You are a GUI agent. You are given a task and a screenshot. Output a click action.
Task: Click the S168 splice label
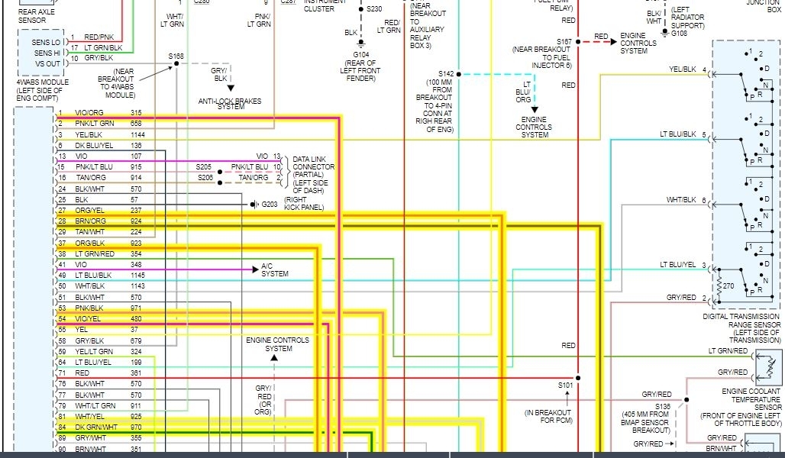point(176,56)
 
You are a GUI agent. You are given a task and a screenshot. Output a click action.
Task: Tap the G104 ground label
point(361,55)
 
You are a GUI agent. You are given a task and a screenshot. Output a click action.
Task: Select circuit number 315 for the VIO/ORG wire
point(136,113)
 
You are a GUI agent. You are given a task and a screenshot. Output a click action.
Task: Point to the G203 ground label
point(270,205)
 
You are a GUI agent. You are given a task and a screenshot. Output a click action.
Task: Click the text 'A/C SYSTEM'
point(275,269)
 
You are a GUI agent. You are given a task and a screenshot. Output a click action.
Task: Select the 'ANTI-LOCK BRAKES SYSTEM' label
point(229,104)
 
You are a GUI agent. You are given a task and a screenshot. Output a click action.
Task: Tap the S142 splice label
point(446,73)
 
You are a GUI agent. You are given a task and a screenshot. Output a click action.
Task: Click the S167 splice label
point(564,41)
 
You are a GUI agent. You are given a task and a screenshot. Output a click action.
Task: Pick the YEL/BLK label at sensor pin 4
point(682,69)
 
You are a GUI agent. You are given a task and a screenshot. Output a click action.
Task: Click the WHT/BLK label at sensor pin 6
point(682,200)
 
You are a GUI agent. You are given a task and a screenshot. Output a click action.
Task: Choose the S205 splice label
point(204,166)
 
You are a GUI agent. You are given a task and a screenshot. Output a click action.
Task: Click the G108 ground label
point(679,34)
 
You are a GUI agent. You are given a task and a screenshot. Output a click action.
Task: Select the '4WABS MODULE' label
point(43,82)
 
